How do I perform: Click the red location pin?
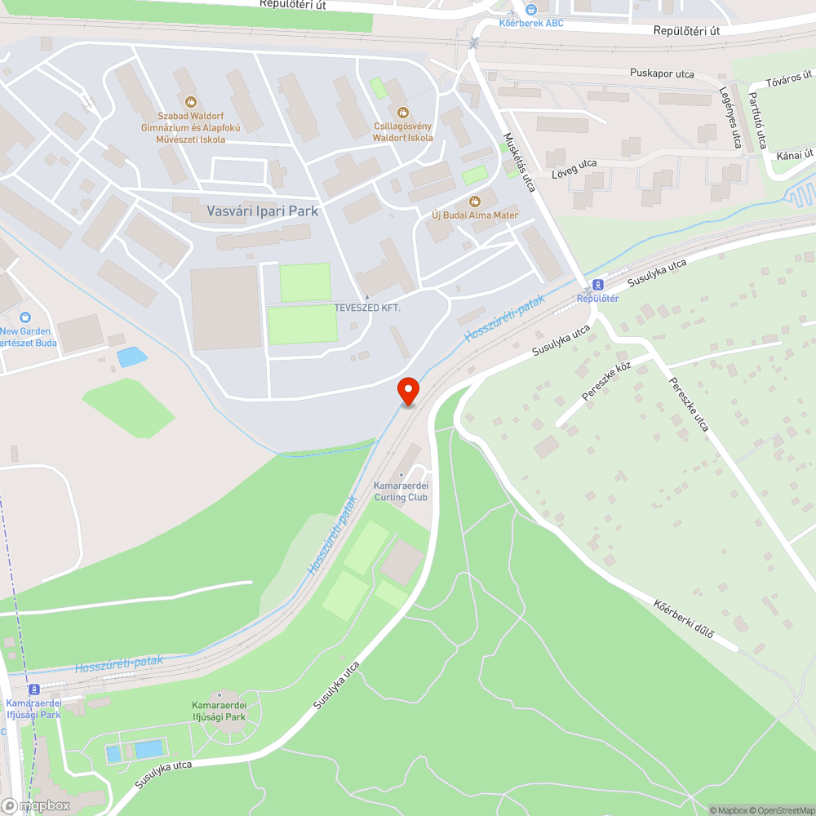coord(407,391)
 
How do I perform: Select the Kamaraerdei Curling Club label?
coord(401,491)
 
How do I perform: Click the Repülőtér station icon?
coord(596,285)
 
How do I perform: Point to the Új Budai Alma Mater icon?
coord(475,202)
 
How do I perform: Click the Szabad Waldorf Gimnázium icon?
coord(191,102)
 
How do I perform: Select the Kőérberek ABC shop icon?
coord(531,10)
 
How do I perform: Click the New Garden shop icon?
coord(25,317)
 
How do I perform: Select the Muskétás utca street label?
coord(519,162)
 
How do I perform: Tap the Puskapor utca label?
coord(662,73)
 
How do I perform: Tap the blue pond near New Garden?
coord(131,357)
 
